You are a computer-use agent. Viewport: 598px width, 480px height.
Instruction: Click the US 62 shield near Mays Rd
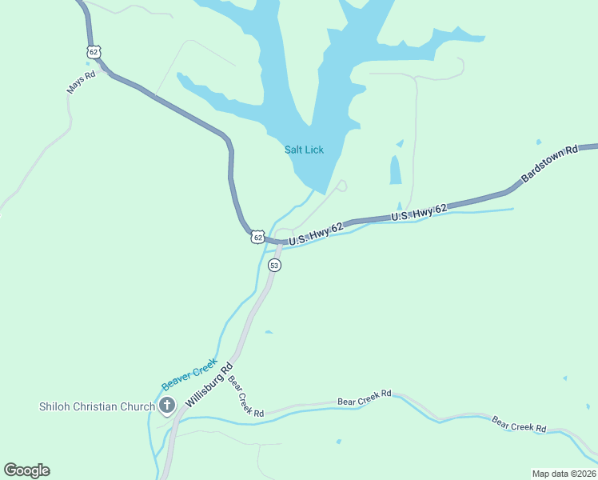click(94, 52)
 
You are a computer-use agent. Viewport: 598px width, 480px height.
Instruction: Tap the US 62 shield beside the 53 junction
click(257, 237)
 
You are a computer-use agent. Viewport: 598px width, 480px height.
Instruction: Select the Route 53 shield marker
click(274, 266)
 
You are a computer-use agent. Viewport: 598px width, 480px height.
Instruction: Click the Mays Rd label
click(80, 82)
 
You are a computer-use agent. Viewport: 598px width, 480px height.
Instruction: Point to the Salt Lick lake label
click(304, 150)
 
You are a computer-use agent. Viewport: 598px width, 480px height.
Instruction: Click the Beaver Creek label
click(189, 374)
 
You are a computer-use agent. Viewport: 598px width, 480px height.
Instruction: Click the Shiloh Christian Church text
click(96, 406)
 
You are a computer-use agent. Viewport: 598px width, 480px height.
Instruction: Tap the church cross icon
click(167, 406)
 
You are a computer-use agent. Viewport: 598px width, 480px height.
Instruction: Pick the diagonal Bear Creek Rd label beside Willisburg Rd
click(245, 396)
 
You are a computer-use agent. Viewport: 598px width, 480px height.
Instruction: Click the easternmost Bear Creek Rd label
click(518, 424)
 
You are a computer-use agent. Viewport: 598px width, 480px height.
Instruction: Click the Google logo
click(26, 470)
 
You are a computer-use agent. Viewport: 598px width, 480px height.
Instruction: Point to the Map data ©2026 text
click(564, 474)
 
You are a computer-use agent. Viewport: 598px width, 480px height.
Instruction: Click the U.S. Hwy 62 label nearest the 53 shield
click(316, 233)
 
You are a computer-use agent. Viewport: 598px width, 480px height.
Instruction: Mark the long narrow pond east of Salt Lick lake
click(395, 170)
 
